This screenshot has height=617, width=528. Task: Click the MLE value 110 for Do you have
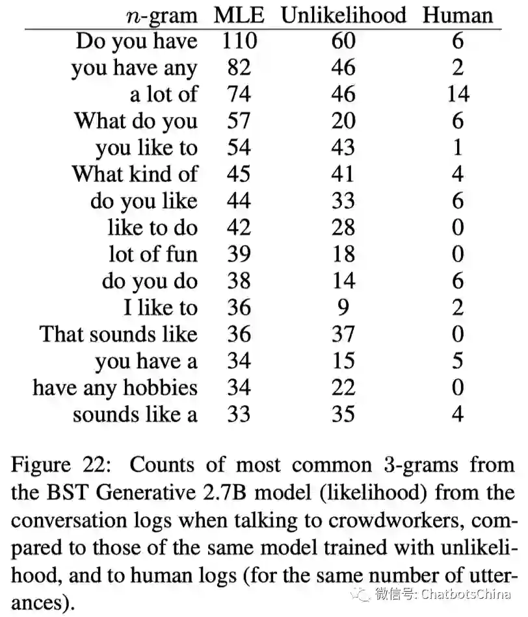(239, 42)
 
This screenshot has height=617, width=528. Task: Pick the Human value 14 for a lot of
(458, 95)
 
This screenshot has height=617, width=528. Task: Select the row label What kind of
(134, 174)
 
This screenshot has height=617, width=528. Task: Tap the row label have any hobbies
(115, 388)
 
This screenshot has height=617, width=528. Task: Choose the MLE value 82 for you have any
(239, 68)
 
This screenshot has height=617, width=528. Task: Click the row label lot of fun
(152, 254)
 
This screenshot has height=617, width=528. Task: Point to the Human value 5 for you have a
(458, 360)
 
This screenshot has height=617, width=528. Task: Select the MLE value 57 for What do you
(239, 121)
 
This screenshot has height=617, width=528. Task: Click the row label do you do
(149, 281)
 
